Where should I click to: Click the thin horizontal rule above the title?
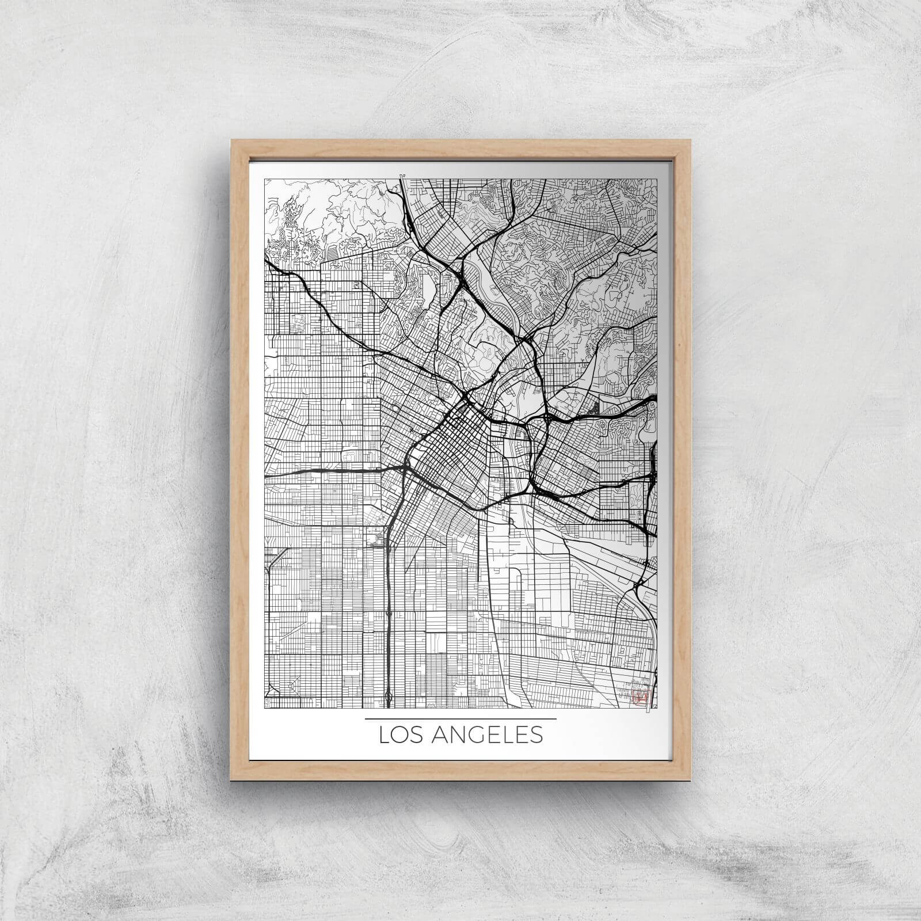tap(461, 718)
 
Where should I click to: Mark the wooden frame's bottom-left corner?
tap(231, 780)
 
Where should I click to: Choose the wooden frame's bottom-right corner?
tap(690, 780)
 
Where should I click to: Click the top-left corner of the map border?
tap(265, 180)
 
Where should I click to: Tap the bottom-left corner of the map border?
tap(265, 708)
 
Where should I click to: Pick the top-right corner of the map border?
tap(657, 180)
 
